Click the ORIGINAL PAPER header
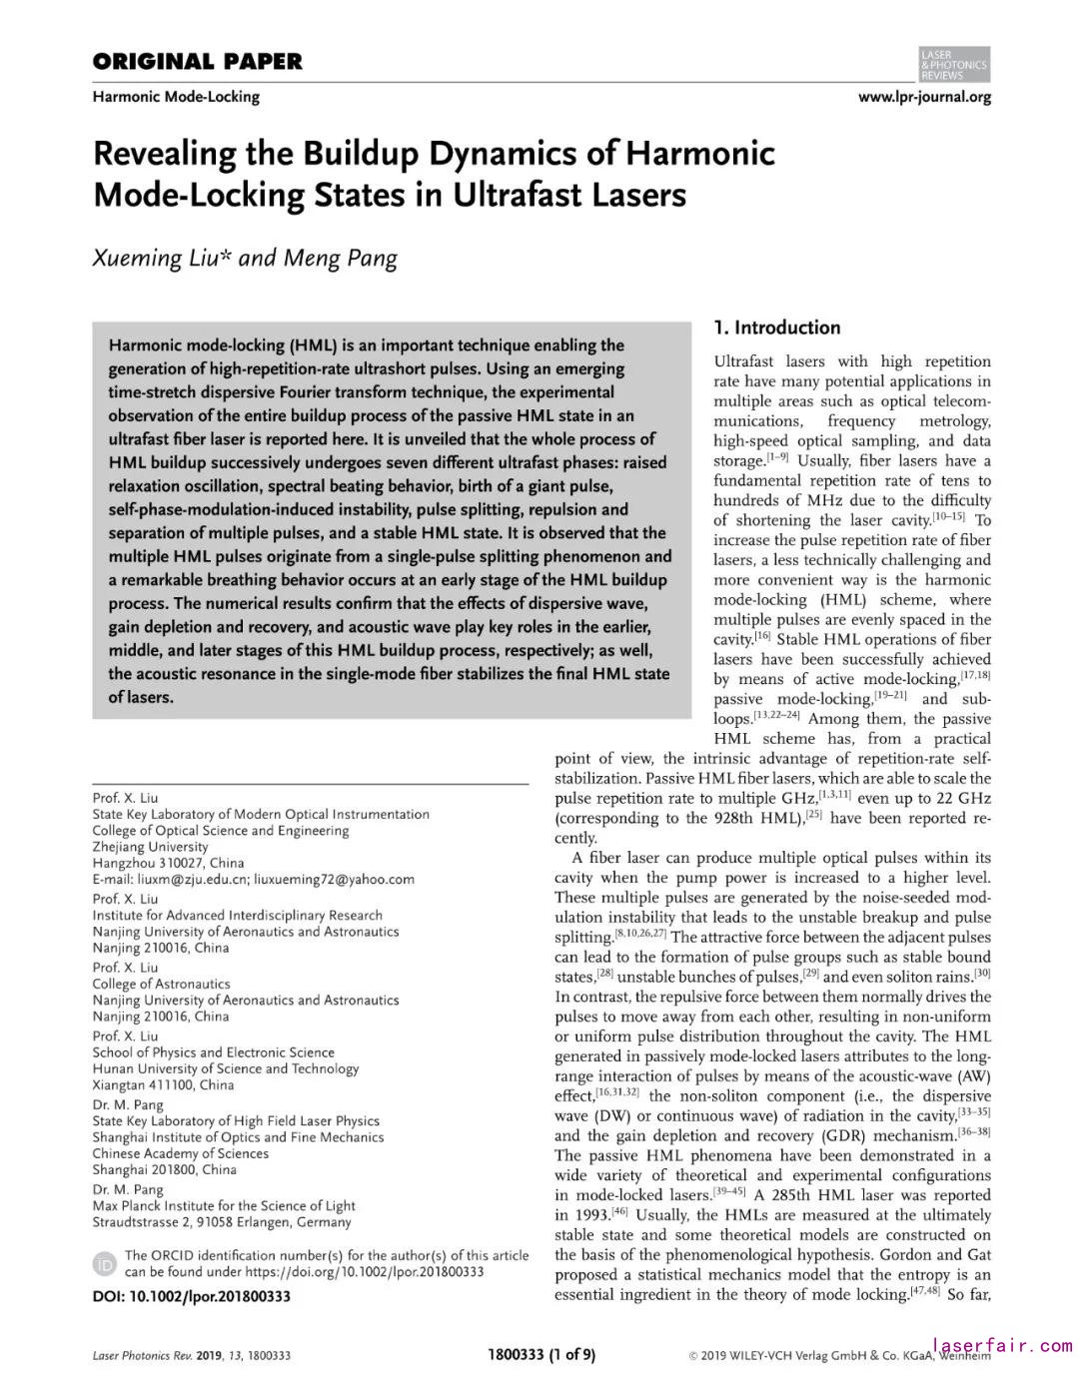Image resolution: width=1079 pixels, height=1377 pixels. [x=197, y=62]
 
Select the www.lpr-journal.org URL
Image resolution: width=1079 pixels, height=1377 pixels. [x=924, y=97]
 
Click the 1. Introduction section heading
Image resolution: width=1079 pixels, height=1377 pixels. [x=777, y=328]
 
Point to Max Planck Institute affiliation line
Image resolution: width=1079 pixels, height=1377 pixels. [x=224, y=1205]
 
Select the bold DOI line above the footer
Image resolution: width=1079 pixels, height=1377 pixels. [x=192, y=1296]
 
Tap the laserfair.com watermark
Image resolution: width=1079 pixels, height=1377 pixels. [x=1002, y=1346]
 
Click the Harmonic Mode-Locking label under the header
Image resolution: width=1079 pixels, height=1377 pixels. [x=176, y=97]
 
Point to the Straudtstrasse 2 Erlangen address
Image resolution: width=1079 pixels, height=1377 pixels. [x=222, y=1221]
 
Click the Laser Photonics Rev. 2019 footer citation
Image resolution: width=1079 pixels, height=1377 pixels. [x=192, y=1355]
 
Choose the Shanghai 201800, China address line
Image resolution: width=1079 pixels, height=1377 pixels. [x=165, y=1169]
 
